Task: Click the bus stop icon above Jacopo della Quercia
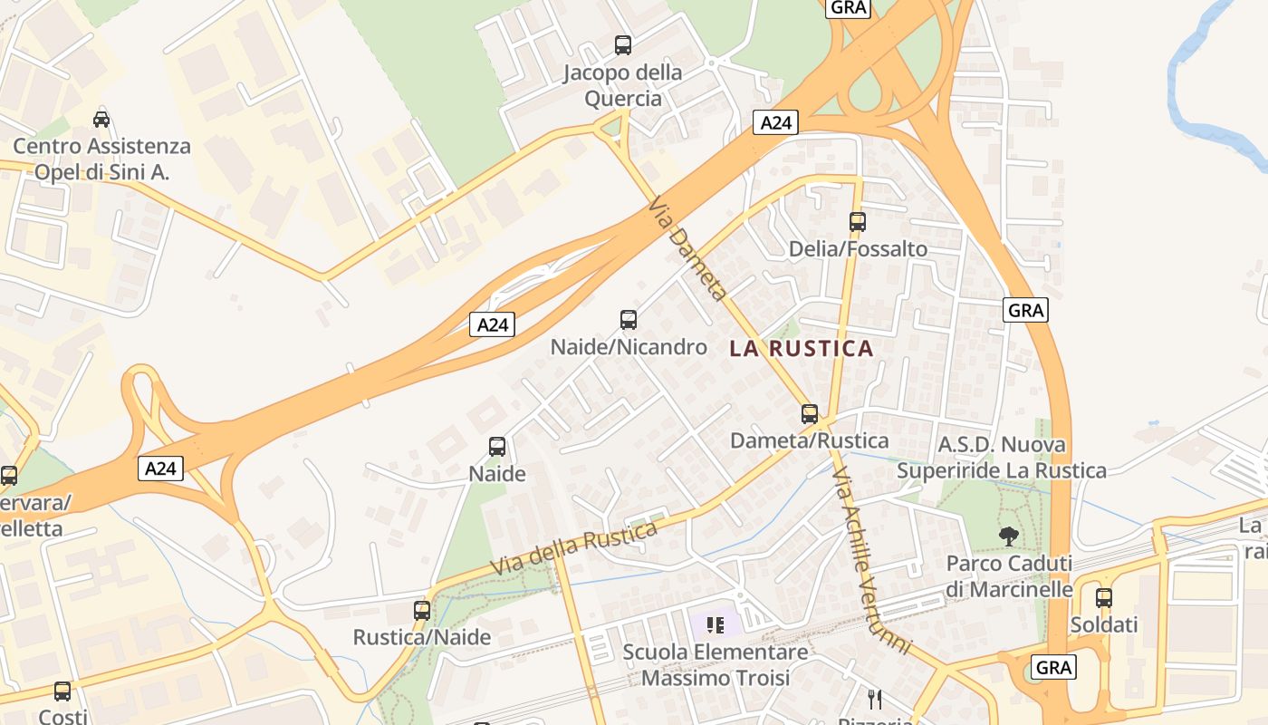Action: pyautogui.click(x=623, y=44)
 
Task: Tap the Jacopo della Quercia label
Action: pyautogui.click(x=623, y=85)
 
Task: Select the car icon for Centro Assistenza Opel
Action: pyautogui.click(x=101, y=119)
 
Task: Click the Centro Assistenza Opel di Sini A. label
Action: pyautogui.click(x=101, y=159)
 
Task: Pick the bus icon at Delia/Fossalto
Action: pyautogui.click(x=857, y=221)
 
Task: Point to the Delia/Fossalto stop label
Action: pyautogui.click(x=858, y=249)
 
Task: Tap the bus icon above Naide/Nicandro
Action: pyautogui.click(x=629, y=319)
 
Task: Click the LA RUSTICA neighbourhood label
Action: pyautogui.click(x=802, y=348)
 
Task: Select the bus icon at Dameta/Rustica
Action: pyautogui.click(x=810, y=414)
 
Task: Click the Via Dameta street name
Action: pyautogui.click(x=687, y=250)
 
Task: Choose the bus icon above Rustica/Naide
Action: pyautogui.click(x=422, y=610)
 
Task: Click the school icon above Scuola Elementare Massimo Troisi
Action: pyautogui.click(x=716, y=624)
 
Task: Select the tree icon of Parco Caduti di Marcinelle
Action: pyautogui.click(x=1008, y=536)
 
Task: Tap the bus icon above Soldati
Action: pyautogui.click(x=1103, y=598)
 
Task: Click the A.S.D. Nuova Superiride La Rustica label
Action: pyautogui.click(x=1002, y=458)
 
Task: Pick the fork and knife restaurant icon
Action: pyautogui.click(x=875, y=699)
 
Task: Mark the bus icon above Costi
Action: pyautogui.click(x=62, y=691)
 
